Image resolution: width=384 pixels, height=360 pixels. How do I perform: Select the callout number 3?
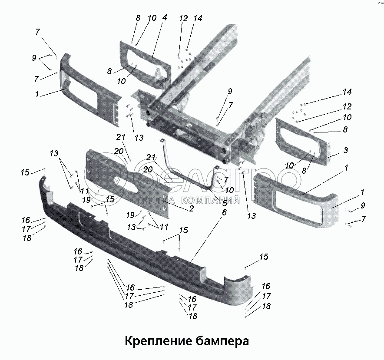click(x=345, y=150)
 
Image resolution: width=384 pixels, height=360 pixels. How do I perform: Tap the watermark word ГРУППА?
click(x=156, y=200)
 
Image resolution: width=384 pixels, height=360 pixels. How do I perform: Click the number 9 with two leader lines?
click(x=34, y=57)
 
